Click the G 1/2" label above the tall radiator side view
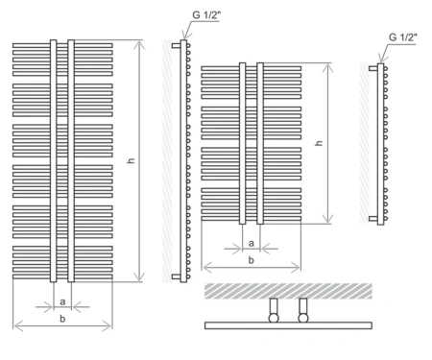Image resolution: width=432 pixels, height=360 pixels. pyautogui.click(x=206, y=15)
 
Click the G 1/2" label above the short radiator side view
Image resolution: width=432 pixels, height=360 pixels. pyautogui.click(x=403, y=37)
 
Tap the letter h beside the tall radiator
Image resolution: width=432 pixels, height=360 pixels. pyautogui.click(x=131, y=160)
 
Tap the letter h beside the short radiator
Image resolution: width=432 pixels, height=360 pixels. pyautogui.click(x=319, y=143)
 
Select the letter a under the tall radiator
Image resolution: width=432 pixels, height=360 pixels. pyautogui.click(x=62, y=301)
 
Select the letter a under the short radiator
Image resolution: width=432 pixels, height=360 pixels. pyautogui.click(x=252, y=244)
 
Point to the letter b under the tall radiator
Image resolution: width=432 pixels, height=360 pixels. pyautogui.click(x=62, y=319)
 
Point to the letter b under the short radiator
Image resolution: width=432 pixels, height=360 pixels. pyautogui.click(x=252, y=260)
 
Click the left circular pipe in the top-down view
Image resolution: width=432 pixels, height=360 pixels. pyautogui.click(x=274, y=318)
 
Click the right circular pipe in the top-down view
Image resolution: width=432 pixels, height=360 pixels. pyautogui.click(x=303, y=318)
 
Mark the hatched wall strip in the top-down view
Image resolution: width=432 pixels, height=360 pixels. pyautogui.click(x=288, y=291)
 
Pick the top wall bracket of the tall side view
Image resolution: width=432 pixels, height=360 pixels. pyautogui.click(x=177, y=46)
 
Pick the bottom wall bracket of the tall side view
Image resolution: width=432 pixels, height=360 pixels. pyautogui.click(x=177, y=276)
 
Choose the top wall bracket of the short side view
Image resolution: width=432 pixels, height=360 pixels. pyautogui.click(x=373, y=68)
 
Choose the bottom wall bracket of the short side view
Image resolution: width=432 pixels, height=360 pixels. pyautogui.click(x=373, y=219)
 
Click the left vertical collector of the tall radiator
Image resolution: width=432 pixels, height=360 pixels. pyautogui.click(x=54, y=161)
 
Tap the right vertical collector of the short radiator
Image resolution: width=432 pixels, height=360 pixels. pyautogui.click(x=260, y=143)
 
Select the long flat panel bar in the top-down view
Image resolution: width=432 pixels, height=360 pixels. pyautogui.click(x=288, y=325)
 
